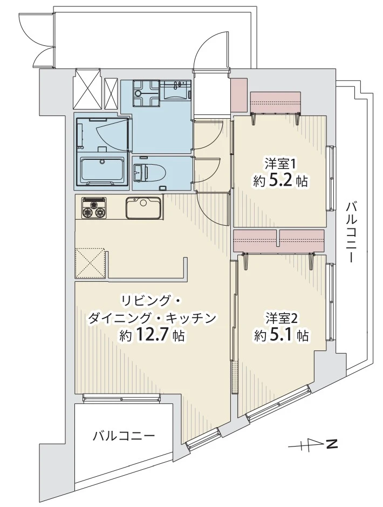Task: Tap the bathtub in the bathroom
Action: pyautogui.click(x=102, y=170)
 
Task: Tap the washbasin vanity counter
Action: pyautogui.click(x=176, y=90)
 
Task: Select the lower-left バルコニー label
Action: pyautogui.click(x=124, y=436)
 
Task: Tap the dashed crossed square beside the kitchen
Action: pyautogui.click(x=91, y=263)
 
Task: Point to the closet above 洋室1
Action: pyautogui.click(x=276, y=102)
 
